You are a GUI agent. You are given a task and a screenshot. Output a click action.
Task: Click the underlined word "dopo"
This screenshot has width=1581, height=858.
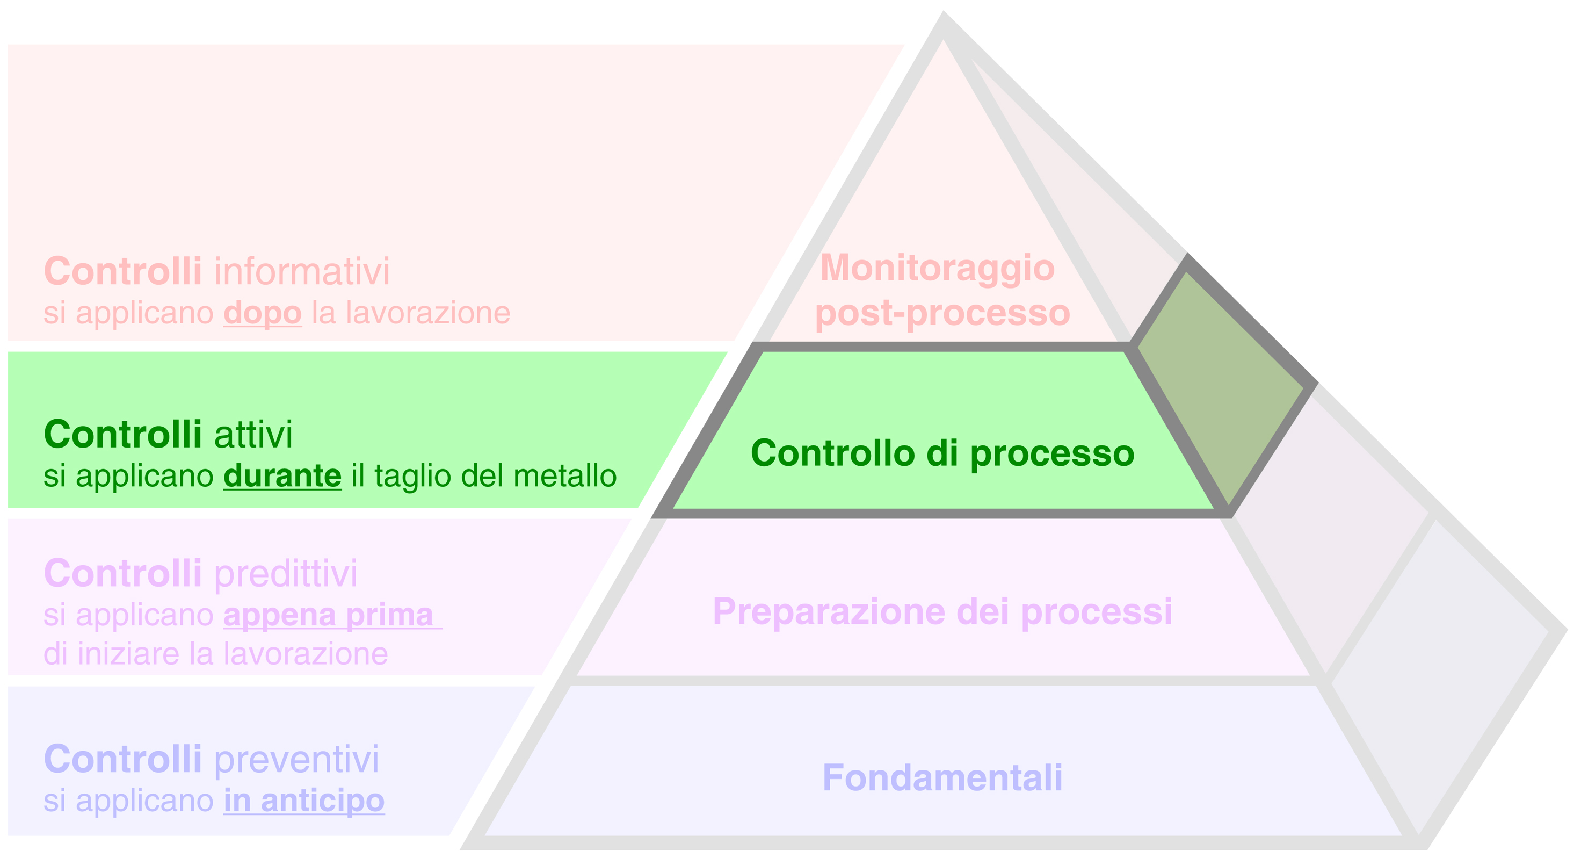coord(262,313)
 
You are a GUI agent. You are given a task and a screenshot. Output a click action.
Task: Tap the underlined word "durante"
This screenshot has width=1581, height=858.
coord(282,476)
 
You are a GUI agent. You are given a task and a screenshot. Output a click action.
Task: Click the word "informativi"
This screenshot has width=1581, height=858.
coord(302,271)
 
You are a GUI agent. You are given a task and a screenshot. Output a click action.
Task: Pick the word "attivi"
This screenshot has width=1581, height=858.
coord(253,435)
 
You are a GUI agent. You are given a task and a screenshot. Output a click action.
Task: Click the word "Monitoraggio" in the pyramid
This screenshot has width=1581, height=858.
coord(937,269)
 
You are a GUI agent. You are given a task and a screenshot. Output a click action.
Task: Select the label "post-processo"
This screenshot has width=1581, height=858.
coord(942,313)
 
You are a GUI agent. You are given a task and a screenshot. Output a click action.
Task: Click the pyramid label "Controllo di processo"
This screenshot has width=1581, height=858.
coord(942,453)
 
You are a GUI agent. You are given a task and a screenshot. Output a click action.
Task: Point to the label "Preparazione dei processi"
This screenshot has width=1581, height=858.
coord(942,612)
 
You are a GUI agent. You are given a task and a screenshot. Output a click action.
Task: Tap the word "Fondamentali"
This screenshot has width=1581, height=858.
coord(942,777)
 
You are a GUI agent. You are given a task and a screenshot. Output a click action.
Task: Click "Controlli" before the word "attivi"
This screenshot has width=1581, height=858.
coord(123,435)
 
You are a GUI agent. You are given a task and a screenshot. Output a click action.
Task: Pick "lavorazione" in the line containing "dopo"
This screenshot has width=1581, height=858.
coord(428,313)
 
